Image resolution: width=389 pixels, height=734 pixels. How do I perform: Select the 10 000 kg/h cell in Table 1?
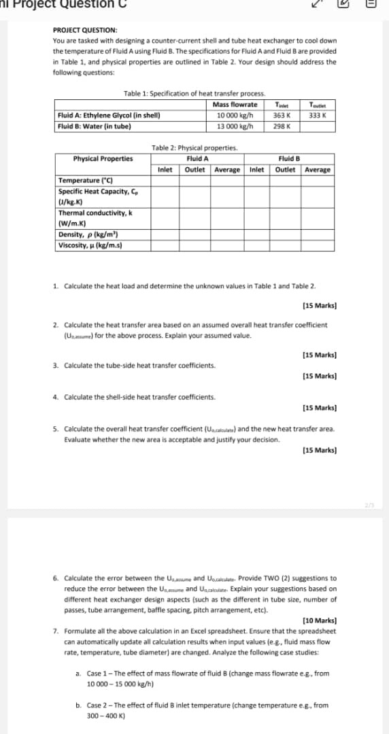[x=235, y=116]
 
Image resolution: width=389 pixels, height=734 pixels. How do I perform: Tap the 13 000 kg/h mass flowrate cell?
[x=235, y=126]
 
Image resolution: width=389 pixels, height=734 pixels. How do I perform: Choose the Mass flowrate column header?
[x=235, y=105]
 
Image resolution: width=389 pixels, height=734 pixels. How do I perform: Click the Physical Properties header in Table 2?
[x=103, y=158]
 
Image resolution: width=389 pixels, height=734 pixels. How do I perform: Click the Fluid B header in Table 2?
[x=290, y=158]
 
